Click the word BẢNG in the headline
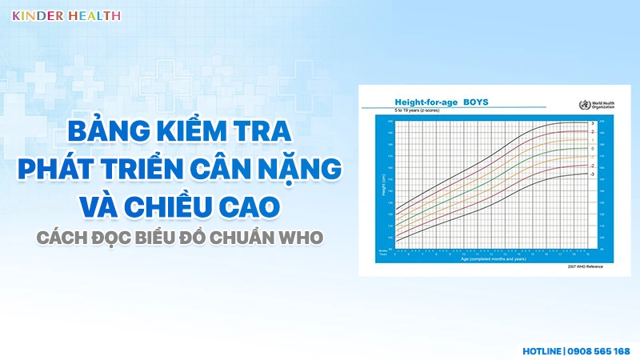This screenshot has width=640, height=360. (105, 129)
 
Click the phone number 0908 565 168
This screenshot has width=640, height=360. (600, 350)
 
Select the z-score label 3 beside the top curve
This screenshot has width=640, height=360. (592, 123)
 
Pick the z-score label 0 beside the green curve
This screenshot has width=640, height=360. (592, 149)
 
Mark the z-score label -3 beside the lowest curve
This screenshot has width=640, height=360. (592, 174)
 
